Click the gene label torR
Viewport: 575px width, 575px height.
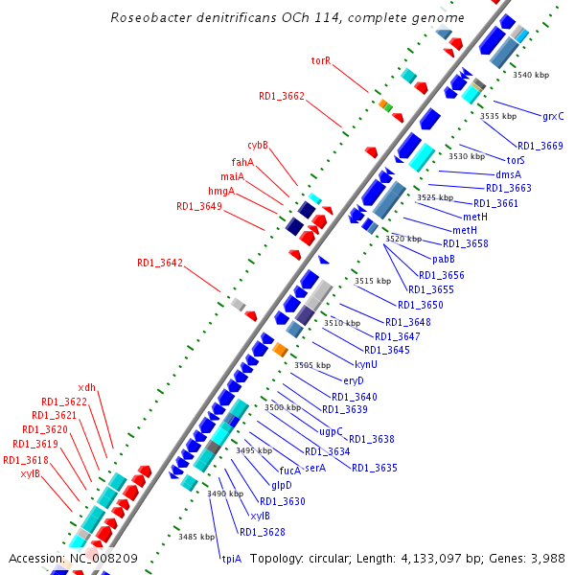(321, 60)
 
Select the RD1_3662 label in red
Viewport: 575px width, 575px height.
(282, 96)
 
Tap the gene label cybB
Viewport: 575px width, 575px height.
(258, 146)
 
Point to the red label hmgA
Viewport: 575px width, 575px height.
(221, 192)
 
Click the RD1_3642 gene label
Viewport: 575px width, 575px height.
(160, 263)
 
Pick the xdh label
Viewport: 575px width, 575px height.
(86, 387)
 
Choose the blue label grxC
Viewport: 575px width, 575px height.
(553, 117)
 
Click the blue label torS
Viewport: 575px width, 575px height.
(516, 160)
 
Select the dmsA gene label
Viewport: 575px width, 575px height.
(508, 174)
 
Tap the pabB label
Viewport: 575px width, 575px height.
(443, 260)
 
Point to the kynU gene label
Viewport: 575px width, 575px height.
(366, 365)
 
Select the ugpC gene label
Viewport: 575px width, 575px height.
(332, 431)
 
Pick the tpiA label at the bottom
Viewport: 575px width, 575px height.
(231, 558)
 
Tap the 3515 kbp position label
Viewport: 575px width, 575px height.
(373, 281)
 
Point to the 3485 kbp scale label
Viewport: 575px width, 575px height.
(195, 537)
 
